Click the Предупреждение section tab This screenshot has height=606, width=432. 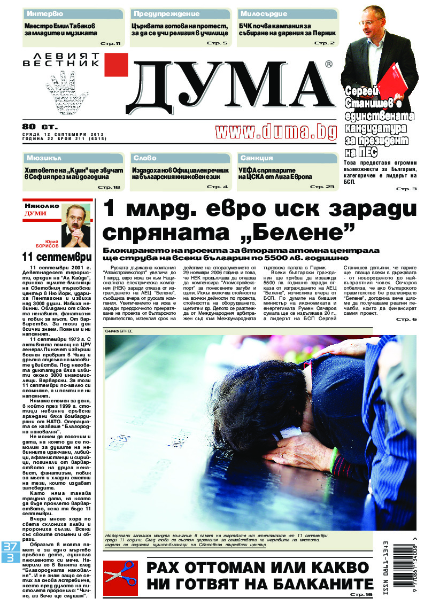(x=166, y=13)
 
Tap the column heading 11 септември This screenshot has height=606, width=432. (x=52, y=255)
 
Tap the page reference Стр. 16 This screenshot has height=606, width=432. (x=361, y=594)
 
